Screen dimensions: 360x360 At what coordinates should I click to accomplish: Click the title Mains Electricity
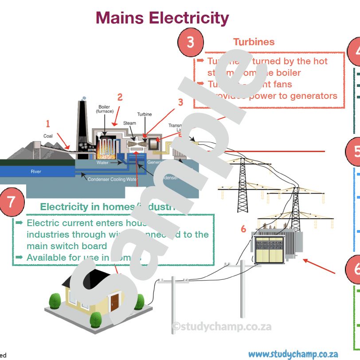pyautogui.click(x=162, y=18)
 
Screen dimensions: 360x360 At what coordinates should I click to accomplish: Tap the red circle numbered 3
pyautogui.click(x=190, y=42)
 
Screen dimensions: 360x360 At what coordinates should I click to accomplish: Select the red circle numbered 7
pyautogui.click(x=12, y=202)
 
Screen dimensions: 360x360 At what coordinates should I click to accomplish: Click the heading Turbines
pyautogui.click(x=254, y=42)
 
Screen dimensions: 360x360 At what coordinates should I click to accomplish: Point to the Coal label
pyautogui.click(x=48, y=136)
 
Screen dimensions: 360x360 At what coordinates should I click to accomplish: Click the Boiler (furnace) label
pyautogui.click(x=106, y=109)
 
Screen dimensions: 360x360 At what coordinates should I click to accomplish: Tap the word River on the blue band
pyautogui.click(x=36, y=172)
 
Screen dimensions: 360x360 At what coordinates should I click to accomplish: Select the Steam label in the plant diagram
pyautogui.click(x=129, y=123)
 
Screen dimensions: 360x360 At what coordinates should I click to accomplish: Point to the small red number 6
pyautogui.click(x=243, y=229)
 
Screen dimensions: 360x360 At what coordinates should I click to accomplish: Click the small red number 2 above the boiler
pyautogui.click(x=120, y=98)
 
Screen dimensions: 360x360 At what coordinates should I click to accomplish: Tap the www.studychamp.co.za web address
pyautogui.click(x=293, y=354)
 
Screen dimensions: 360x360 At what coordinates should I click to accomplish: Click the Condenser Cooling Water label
pyautogui.click(x=112, y=180)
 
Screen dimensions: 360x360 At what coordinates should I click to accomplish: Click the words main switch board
pyautogui.click(x=67, y=246)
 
